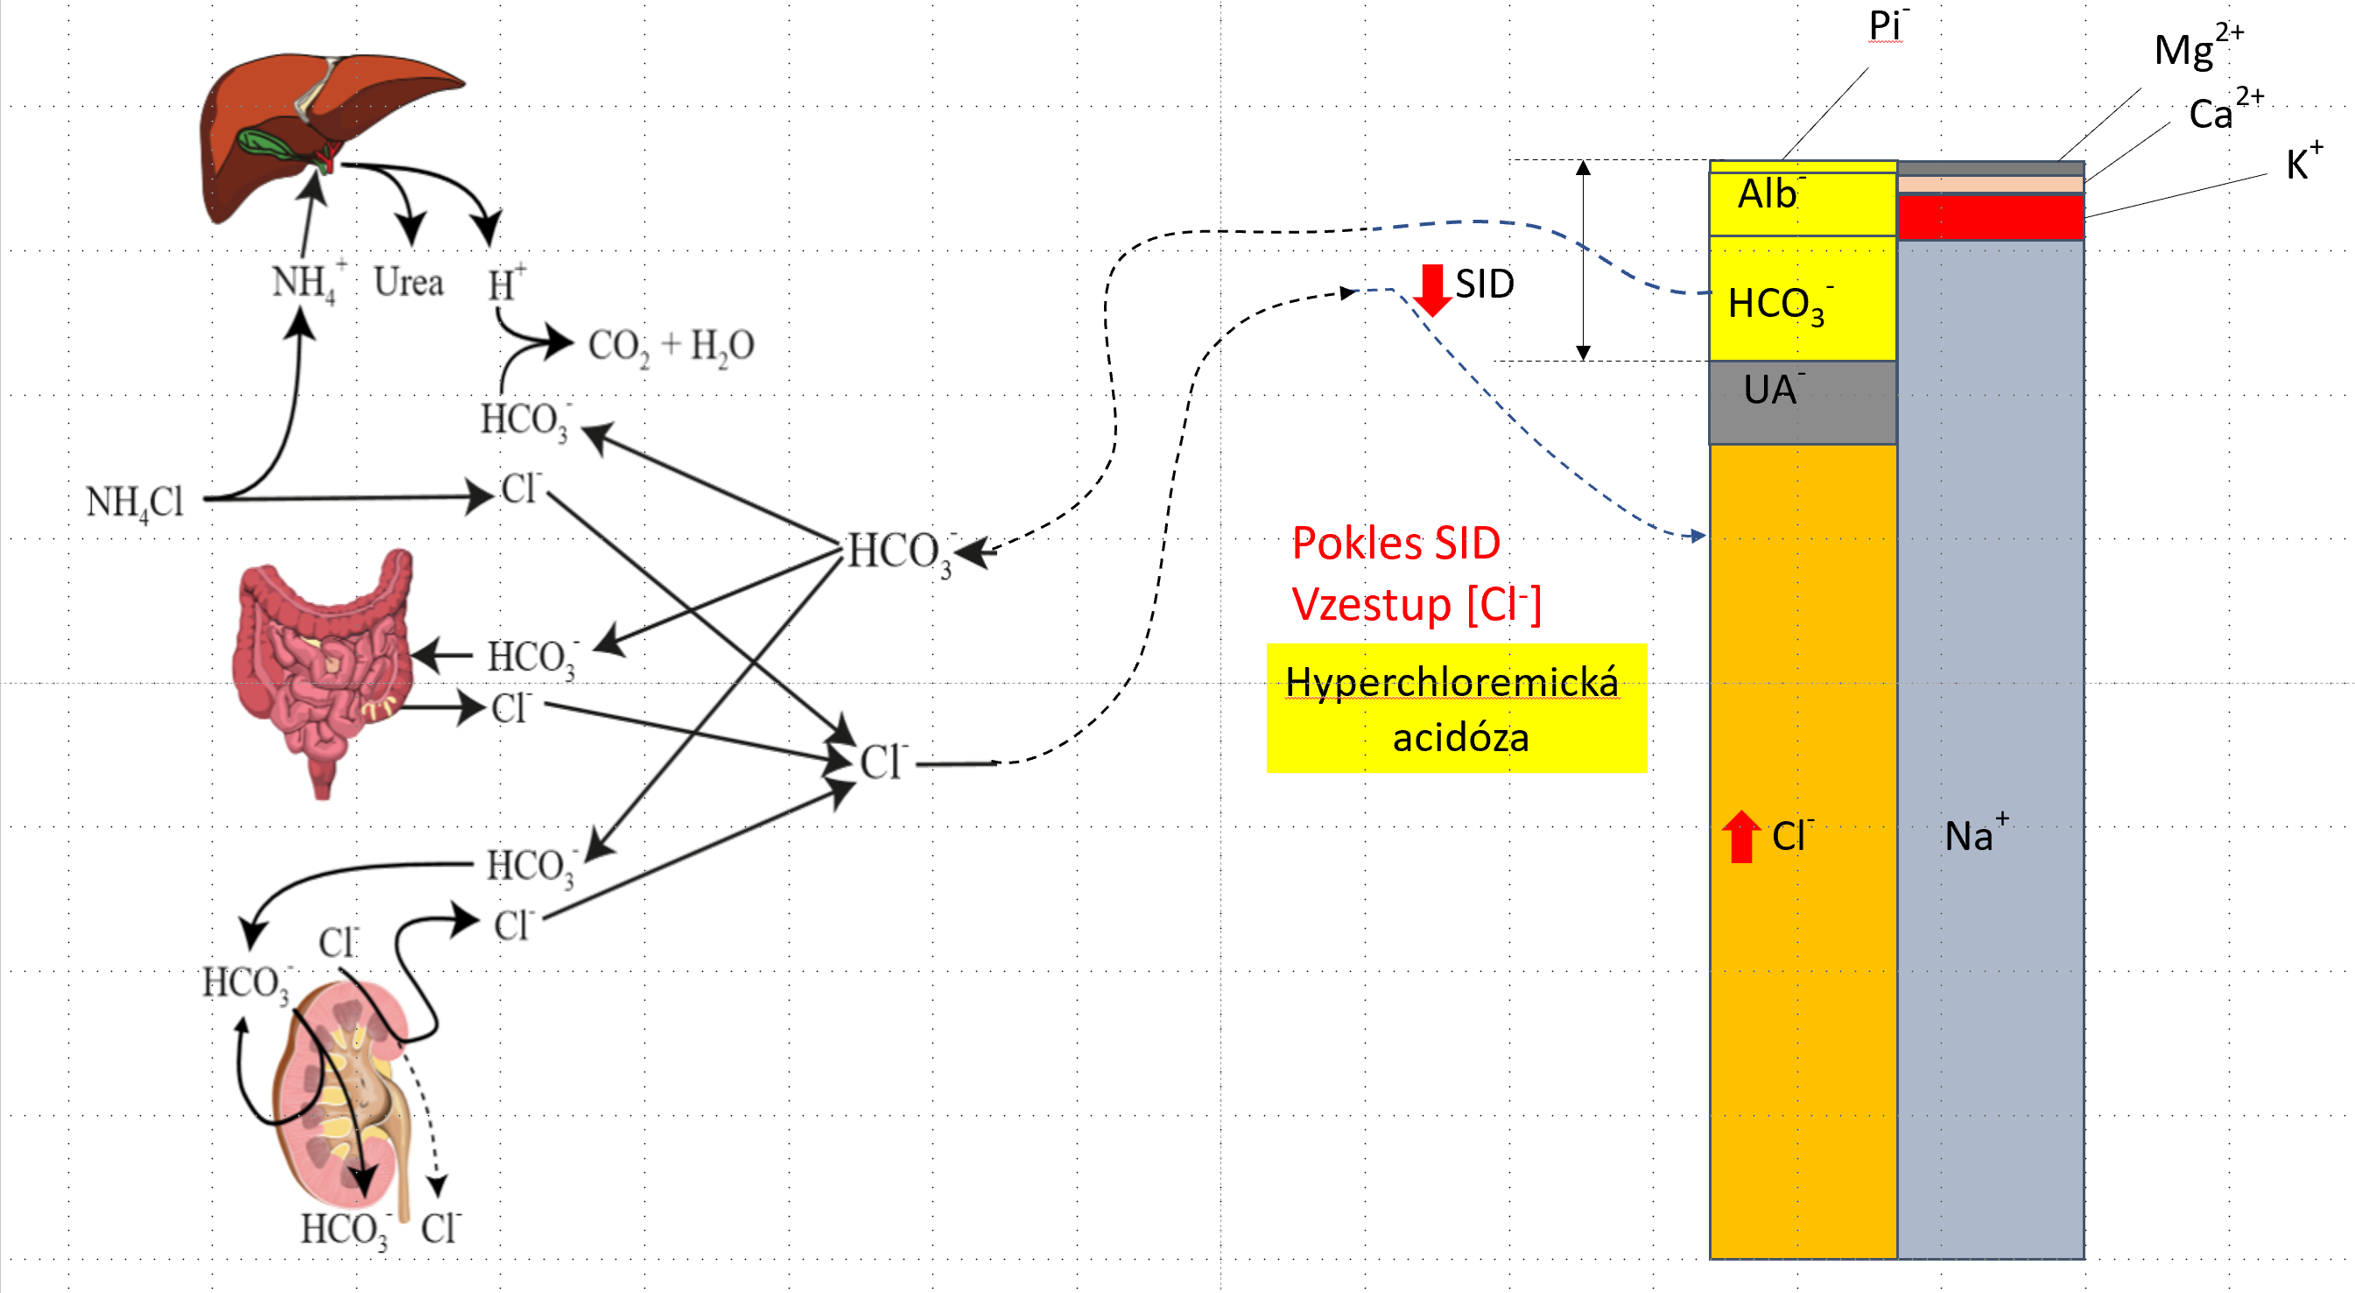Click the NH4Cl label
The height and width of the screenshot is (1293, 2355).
[136, 502]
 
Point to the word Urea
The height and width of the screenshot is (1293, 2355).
[409, 282]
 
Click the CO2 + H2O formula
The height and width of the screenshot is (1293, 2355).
[671, 346]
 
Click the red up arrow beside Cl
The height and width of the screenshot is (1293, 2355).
[1740, 836]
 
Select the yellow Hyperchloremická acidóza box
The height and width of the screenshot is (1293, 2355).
[1455, 709]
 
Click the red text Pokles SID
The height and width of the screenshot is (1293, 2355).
[1396, 543]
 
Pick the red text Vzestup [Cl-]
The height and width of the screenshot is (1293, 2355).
[1417, 604]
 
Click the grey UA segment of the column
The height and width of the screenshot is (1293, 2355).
[1802, 403]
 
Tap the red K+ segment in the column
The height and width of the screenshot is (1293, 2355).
[1990, 218]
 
